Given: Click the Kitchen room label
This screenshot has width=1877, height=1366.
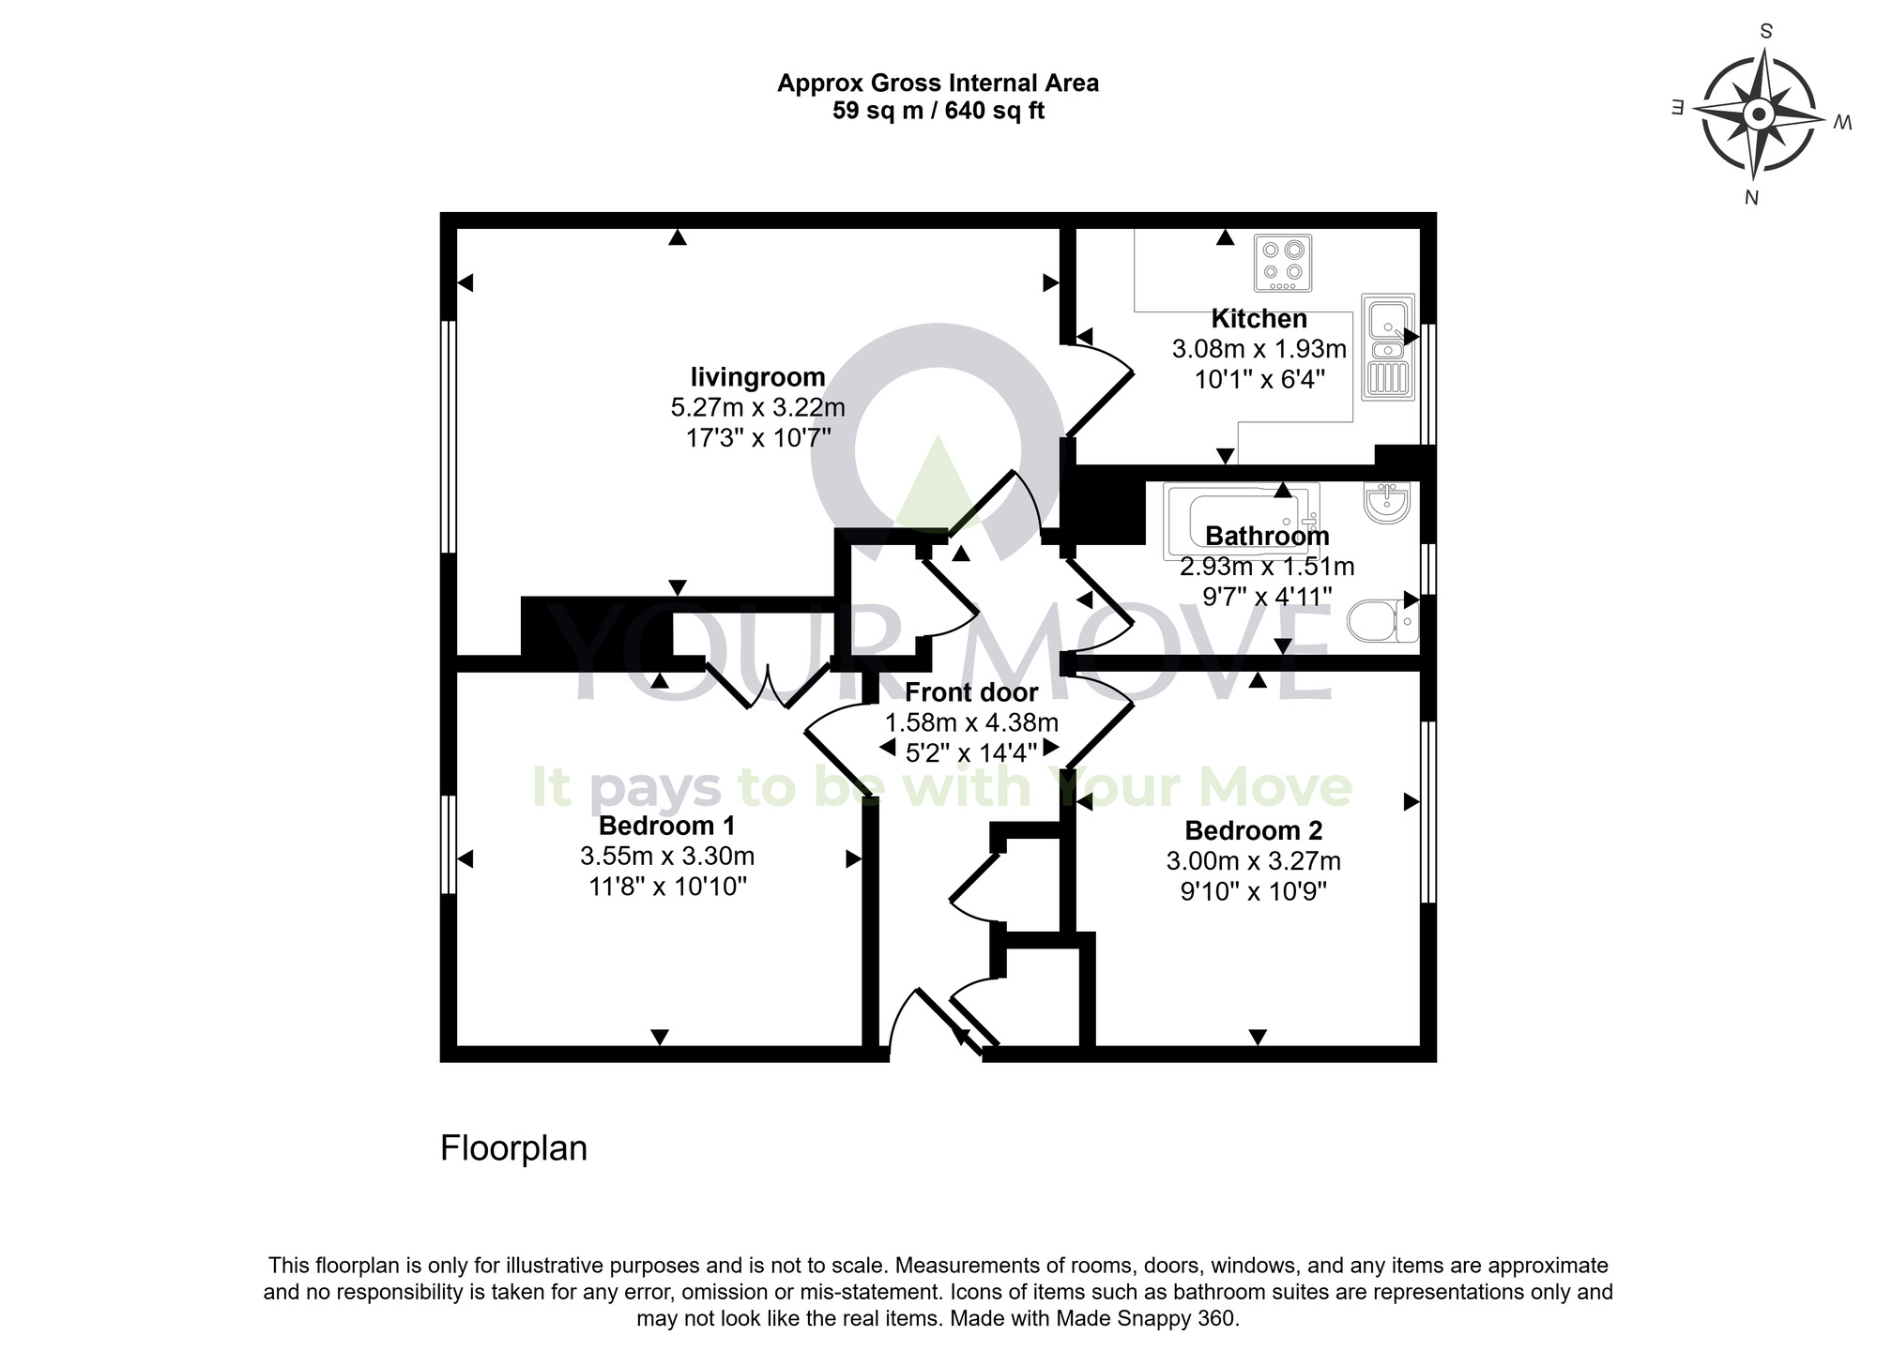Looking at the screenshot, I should pos(1259,319).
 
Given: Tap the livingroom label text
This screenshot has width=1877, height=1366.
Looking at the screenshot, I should pos(757,377).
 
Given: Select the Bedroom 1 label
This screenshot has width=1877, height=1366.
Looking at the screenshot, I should pos(666,826).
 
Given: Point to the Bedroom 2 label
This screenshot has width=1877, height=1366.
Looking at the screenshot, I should pos(1253,830).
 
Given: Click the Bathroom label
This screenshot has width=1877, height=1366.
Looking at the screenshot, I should pos(1267,536).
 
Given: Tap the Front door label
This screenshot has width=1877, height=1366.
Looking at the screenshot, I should pos(971,692).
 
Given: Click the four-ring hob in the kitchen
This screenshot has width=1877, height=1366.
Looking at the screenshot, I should pos(1282,263).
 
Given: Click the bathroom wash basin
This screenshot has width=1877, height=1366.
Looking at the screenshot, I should pos(1387,503).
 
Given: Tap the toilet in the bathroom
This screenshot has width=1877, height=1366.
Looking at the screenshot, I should pos(1382,620).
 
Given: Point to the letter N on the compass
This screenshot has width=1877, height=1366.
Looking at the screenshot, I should pos(1750,198).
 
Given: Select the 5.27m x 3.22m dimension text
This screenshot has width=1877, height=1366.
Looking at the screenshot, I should pos(757,408).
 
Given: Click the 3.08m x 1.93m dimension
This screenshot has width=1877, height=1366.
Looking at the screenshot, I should pos(1259,350).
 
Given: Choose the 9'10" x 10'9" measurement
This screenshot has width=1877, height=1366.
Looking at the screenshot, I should pos(1253,891).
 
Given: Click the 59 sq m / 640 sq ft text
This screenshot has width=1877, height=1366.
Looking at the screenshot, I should pos(938,111).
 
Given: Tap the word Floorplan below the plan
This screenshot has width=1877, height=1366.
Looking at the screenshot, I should pos(513,1148).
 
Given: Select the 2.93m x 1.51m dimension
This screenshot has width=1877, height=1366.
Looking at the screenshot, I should pos(1267,567).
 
